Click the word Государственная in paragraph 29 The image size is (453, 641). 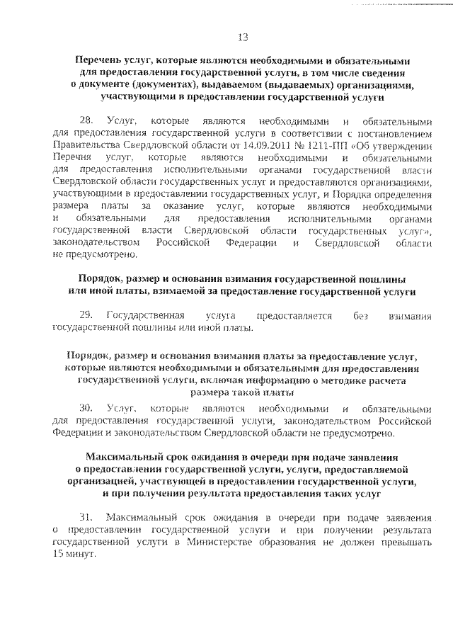pos(145,314)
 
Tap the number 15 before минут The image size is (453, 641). pos(59,552)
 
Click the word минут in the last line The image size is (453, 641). pos(80,552)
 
